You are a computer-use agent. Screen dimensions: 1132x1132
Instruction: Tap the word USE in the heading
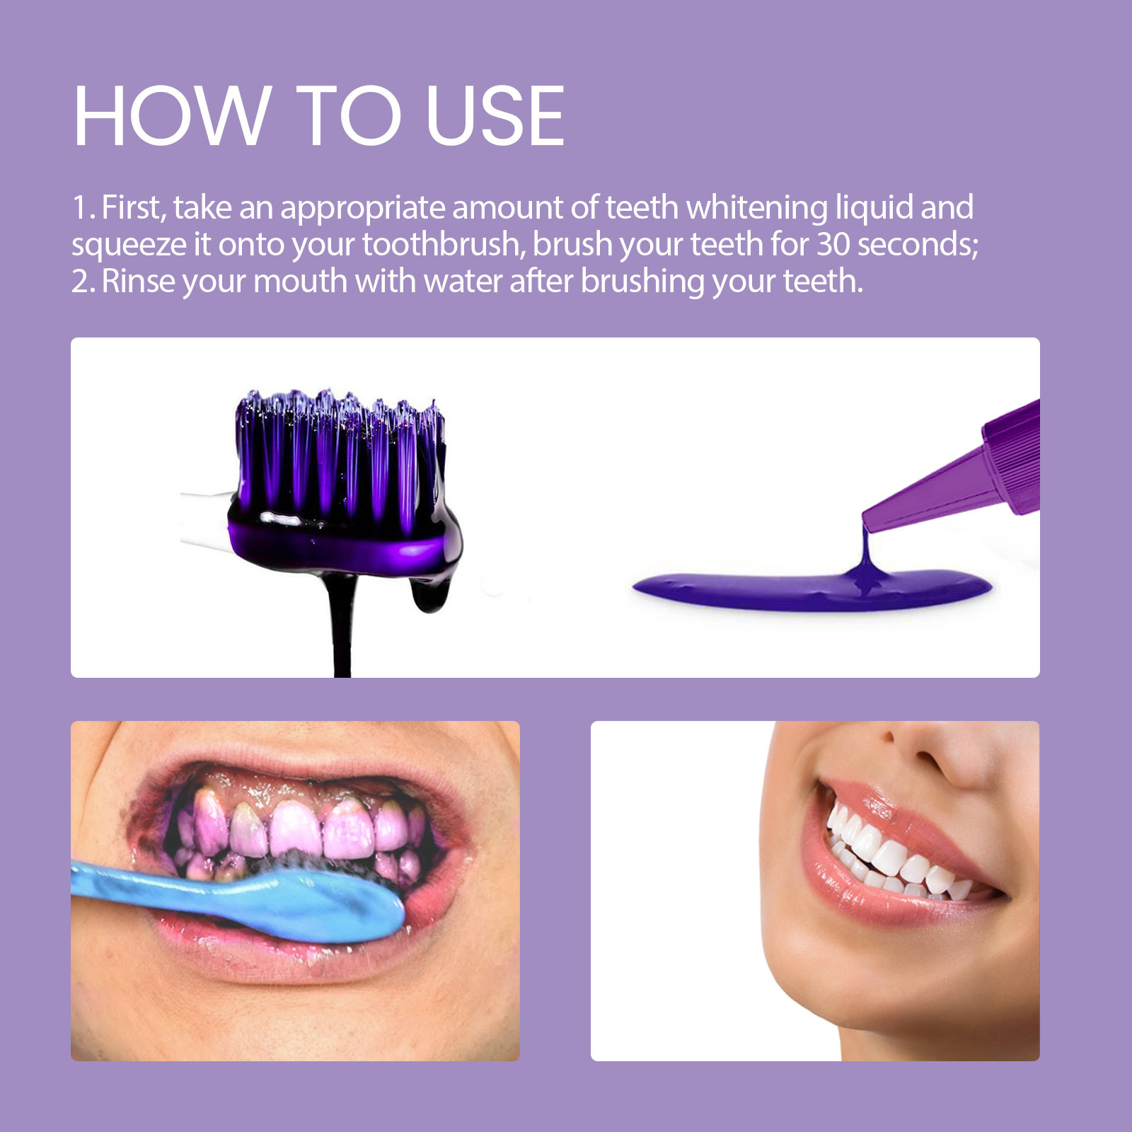tap(495, 116)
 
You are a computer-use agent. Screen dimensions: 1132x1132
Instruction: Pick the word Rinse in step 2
tap(138, 281)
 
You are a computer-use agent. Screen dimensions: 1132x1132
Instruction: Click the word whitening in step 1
tap(756, 207)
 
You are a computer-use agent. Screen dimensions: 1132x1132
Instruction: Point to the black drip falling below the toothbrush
tap(342, 623)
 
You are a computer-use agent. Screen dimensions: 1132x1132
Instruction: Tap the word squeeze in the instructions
tap(128, 246)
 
